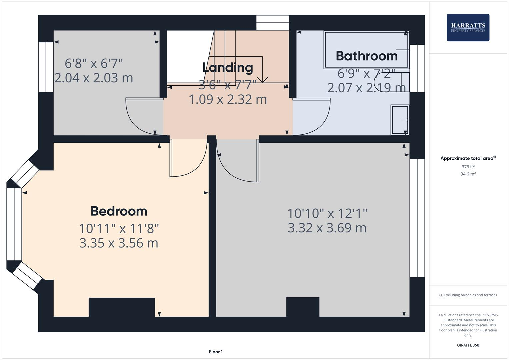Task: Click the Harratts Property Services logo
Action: pyautogui.click(x=468, y=27)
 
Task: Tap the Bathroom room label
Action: pyautogui.click(x=366, y=56)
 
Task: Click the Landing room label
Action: pyautogui.click(x=228, y=67)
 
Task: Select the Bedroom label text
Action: pyautogui.click(x=119, y=211)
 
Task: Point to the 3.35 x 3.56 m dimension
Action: pyautogui.click(x=119, y=243)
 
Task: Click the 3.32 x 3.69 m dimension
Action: pyautogui.click(x=327, y=228)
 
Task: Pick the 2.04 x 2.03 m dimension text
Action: pyautogui.click(x=94, y=78)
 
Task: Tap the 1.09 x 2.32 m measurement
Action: pyautogui.click(x=228, y=99)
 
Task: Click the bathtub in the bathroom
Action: pyautogui.click(x=366, y=50)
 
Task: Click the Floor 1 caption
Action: pyautogui.click(x=216, y=352)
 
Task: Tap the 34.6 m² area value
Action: pyautogui.click(x=468, y=174)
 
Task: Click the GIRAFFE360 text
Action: pyautogui.click(x=468, y=345)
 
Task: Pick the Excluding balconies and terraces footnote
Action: pyautogui.click(x=468, y=295)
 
